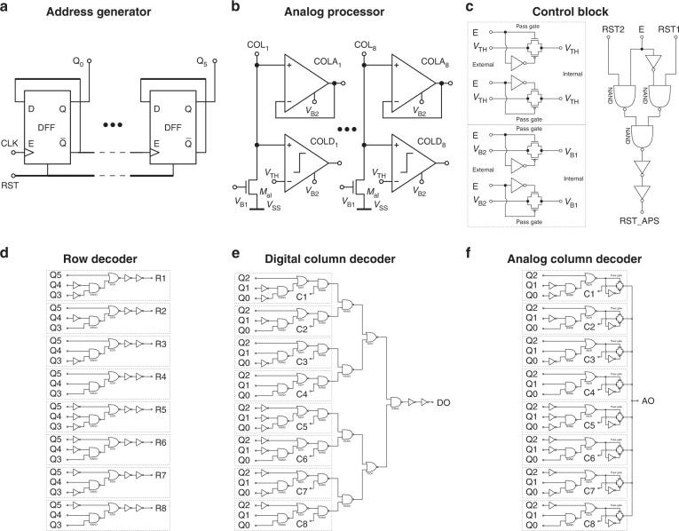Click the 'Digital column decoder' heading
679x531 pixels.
[330, 258]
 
